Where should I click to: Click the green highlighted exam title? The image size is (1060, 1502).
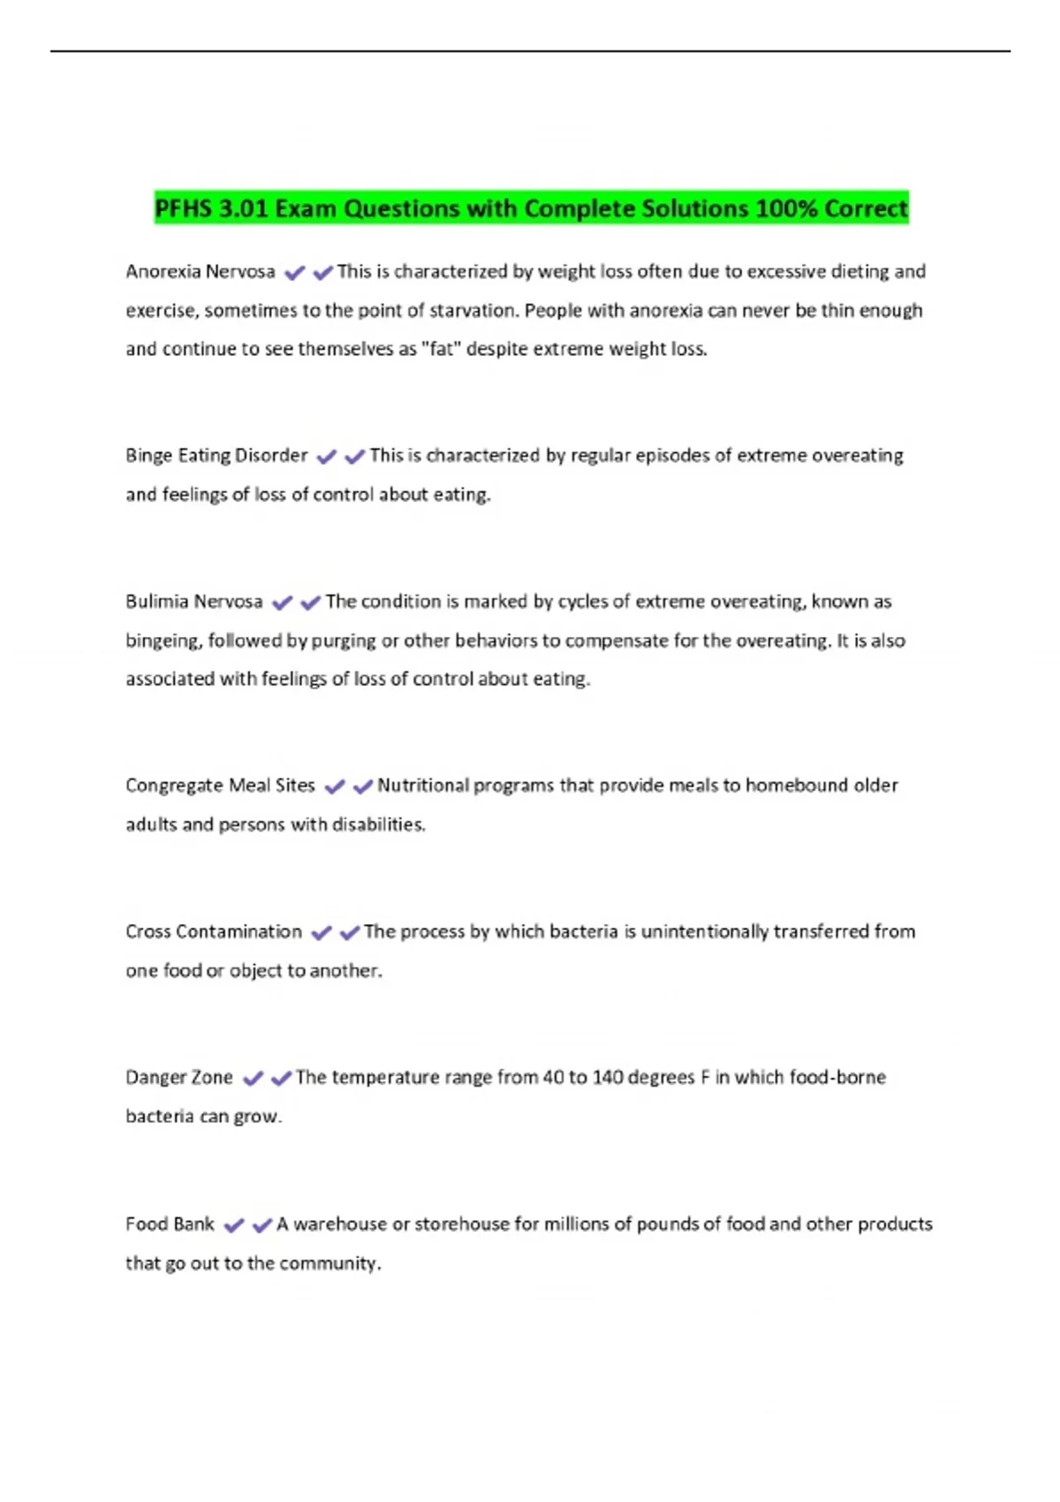pos(531,209)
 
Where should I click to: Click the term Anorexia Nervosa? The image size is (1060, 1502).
pos(201,271)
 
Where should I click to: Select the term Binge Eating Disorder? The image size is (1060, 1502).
pos(216,456)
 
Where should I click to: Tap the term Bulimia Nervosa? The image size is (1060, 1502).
pos(194,602)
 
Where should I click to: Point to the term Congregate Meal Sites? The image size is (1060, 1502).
pos(220,785)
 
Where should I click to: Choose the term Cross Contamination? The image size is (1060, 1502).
pos(214,931)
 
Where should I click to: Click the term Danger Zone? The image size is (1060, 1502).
pos(179,1078)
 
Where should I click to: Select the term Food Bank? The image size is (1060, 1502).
pos(170,1224)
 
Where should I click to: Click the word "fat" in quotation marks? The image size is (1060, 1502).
pos(440,349)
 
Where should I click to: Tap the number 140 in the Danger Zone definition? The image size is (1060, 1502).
pos(608,1078)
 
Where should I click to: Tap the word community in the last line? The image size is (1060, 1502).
pos(329,1263)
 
